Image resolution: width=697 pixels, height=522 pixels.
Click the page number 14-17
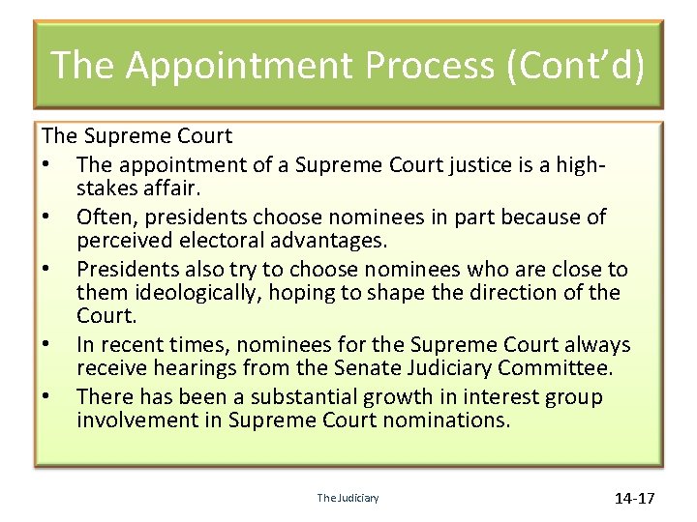point(634,498)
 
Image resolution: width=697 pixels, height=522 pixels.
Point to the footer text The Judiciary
point(348,498)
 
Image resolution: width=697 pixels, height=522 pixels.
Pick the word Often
point(105,217)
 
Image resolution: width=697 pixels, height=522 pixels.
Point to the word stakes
point(107,188)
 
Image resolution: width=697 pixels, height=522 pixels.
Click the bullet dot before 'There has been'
point(48,396)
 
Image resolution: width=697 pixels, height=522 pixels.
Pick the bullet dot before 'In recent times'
point(48,345)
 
